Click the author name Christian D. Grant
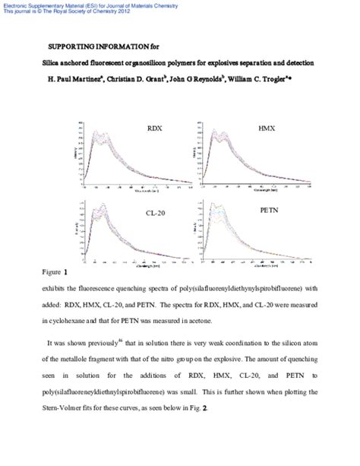(x=150, y=78)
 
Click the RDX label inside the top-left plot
(x=155, y=132)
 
